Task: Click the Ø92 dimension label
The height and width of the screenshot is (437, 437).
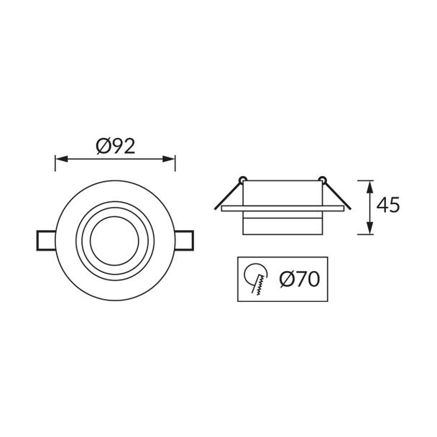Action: pyautogui.click(x=116, y=147)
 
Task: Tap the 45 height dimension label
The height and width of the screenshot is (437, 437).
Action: pyautogui.click(x=387, y=205)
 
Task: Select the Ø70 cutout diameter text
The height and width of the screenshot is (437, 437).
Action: pyautogui.click(x=300, y=279)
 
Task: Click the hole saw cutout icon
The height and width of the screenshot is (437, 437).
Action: pyautogui.click(x=256, y=279)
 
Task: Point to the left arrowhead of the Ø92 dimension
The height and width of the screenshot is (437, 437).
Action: pyautogui.click(x=61, y=159)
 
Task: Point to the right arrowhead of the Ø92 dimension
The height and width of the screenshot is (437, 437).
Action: pyautogui.click(x=169, y=159)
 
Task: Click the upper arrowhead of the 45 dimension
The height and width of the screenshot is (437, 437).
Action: pyautogui.click(x=369, y=187)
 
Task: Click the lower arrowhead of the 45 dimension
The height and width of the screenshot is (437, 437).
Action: pyautogui.click(x=369, y=228)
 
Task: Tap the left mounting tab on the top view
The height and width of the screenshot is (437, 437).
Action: pyautogui.click(x=46, y=241)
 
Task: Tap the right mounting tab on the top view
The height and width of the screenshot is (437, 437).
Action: pyautogui.click(x=184, y=241)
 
